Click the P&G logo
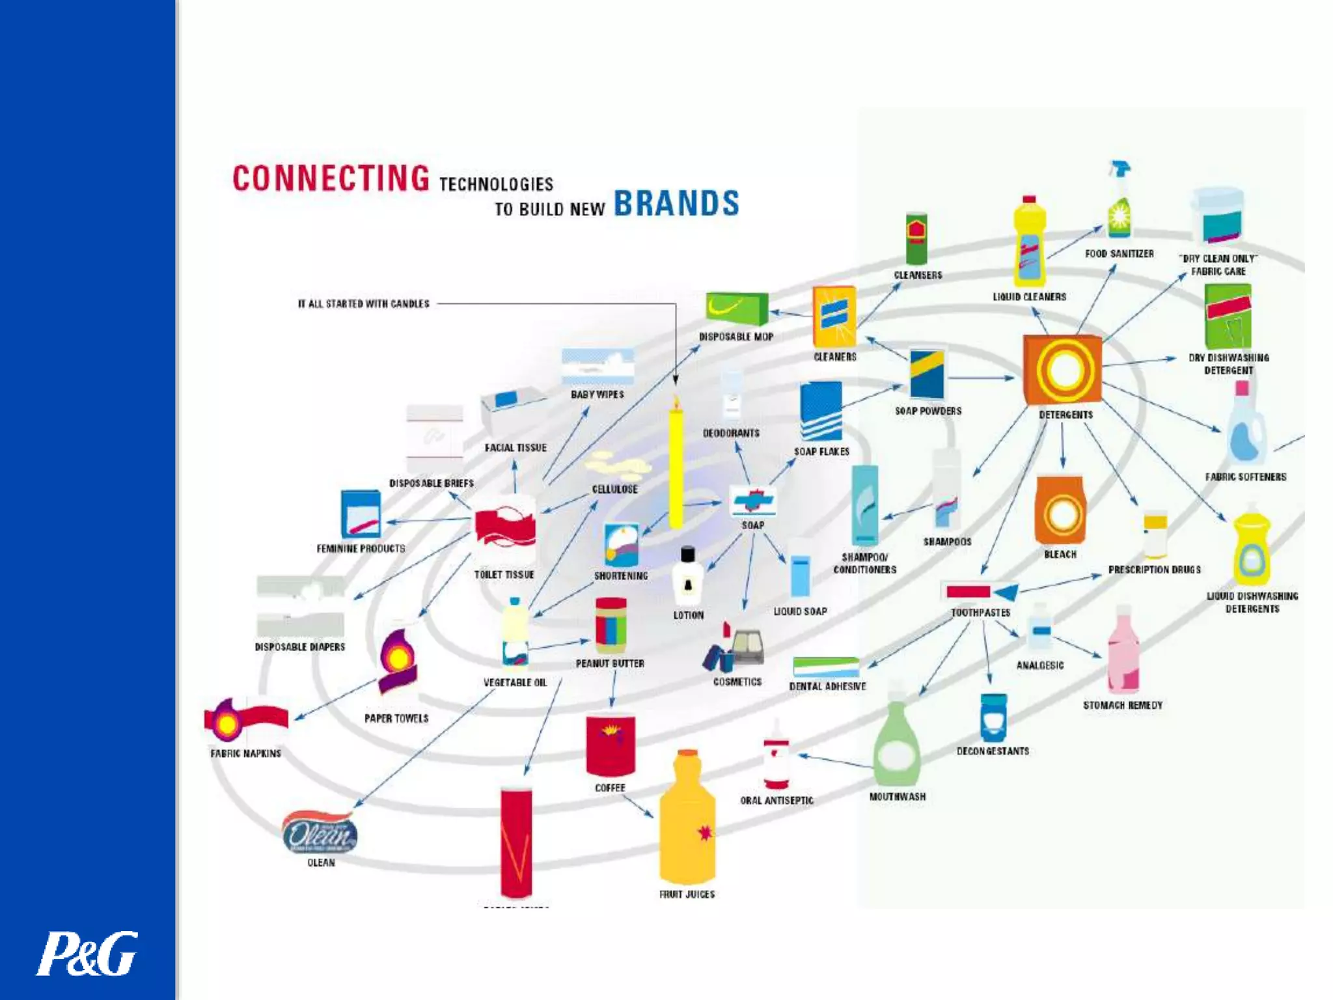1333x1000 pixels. coord(87,953)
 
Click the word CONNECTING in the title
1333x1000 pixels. coord(331,178)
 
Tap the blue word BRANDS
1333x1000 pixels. coord(676,203)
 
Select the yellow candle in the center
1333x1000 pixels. coord(676,465)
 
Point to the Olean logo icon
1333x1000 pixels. coord(319,833)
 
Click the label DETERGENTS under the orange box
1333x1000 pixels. coord(1065,415)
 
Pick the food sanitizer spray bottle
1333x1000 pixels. coord(1120,202)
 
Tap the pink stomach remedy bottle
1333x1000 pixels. coord(1123,651)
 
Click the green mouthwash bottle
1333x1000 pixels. coord(897,742)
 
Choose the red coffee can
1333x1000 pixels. coord(610,746)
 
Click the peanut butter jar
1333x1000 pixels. coord(611,626)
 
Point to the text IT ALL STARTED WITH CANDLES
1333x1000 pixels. coord(363,304)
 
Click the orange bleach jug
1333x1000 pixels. coord(1060,510)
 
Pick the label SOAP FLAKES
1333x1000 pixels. coord(821,452)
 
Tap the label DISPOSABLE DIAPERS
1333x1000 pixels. coord(299,647)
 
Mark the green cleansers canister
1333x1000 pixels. coord(916,238)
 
